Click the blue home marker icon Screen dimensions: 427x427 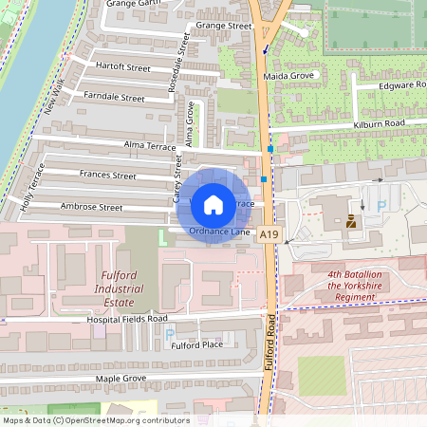tap(213, 204)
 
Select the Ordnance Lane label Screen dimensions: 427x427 tap(218, 231)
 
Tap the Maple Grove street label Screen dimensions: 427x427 tap(121, 378)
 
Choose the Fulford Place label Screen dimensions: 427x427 tap(196, 344)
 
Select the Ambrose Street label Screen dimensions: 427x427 tap(91, 207)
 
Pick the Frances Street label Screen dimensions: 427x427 tap(107, 176)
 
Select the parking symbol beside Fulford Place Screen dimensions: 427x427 tap(170, 334)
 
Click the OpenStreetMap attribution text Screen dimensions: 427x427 tap(96, 420)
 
